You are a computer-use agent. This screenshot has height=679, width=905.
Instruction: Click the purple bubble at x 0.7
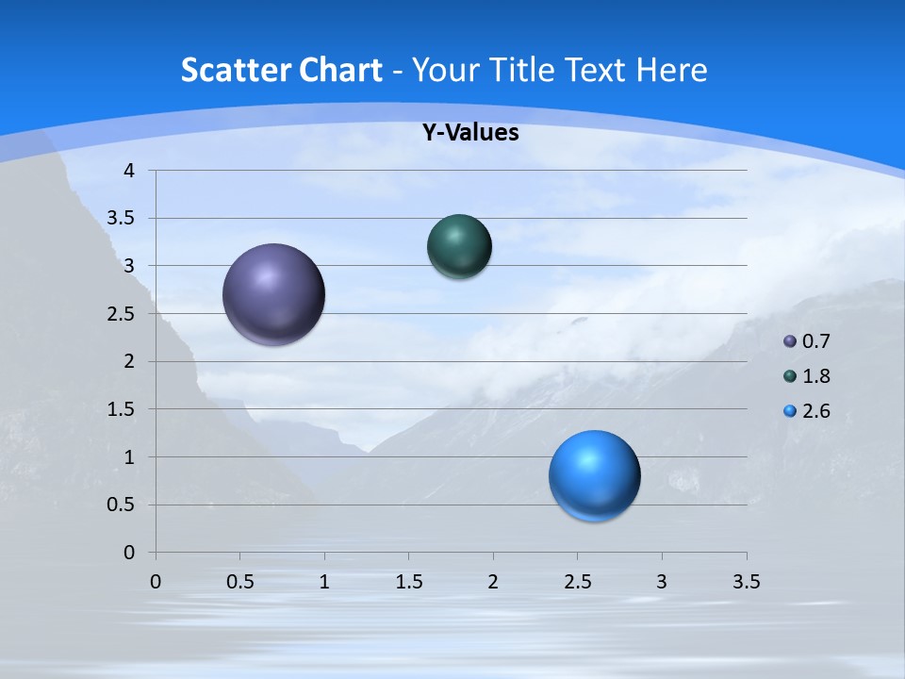coord(274,294)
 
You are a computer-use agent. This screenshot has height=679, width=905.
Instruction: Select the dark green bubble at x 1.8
coord(459,247)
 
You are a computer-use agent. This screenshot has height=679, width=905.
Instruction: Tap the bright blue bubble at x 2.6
coord(594,475)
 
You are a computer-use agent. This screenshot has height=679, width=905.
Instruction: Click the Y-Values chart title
coord(469,133)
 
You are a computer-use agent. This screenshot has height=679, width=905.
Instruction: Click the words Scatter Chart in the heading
coord(281,70)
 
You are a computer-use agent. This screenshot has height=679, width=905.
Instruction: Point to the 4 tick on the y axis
coord(128,171)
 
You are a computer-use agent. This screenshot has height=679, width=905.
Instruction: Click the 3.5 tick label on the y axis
coord(122,219)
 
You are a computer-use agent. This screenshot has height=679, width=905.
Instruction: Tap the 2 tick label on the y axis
coord(128,361)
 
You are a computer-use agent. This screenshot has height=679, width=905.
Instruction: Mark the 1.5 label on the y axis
coord(122,409)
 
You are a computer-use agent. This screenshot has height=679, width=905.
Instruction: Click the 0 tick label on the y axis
coord(128,553)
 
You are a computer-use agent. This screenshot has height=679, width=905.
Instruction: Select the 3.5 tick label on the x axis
coord(746,582)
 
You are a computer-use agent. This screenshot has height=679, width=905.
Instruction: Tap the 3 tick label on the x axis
coord(662,582)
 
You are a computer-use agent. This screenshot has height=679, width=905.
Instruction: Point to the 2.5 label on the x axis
coord(577,582)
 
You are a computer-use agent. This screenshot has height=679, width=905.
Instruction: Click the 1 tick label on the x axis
coord(324,582)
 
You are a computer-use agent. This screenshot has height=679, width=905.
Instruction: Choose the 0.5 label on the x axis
coord(239,582)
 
